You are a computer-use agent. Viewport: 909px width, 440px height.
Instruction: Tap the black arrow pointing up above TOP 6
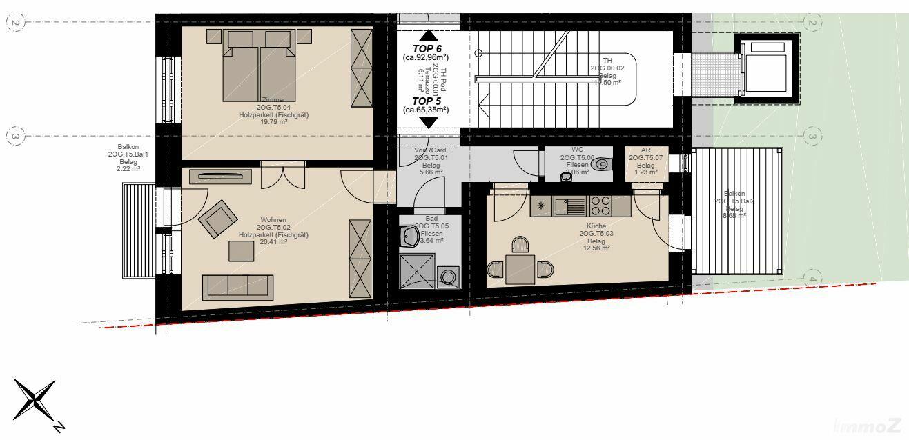click(429, 35)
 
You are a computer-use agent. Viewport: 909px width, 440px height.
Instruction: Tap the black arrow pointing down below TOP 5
click(429, 121)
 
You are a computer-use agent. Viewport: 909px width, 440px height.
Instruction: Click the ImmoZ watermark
click(872, 426)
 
